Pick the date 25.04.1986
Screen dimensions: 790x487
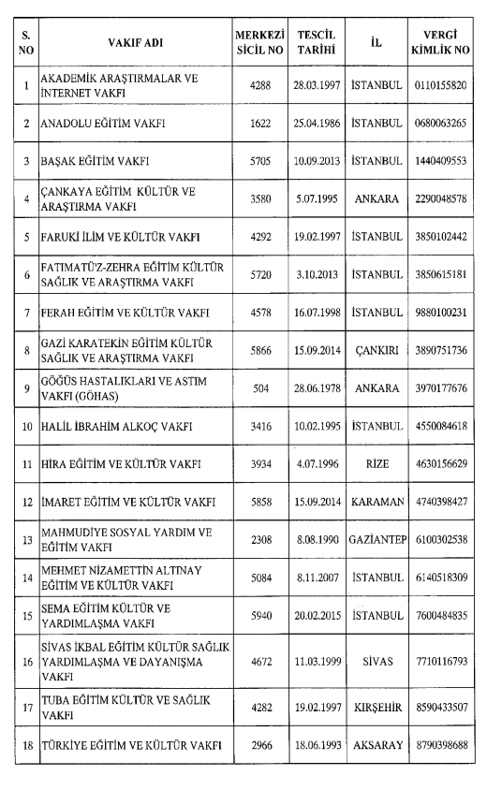[316, 124]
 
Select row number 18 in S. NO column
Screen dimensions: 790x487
[27, 744]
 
